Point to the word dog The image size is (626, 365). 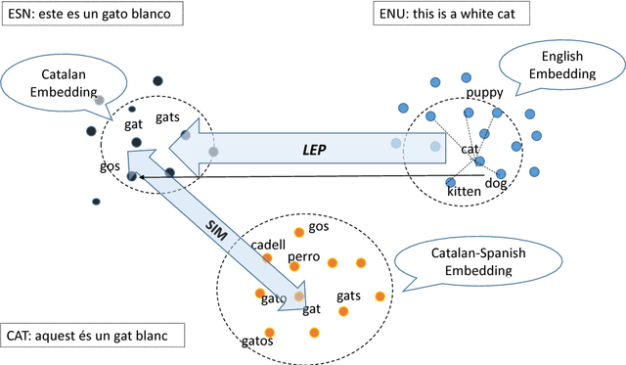point(497,182)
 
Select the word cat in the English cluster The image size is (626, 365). point(470,149)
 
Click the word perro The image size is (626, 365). point(305,258)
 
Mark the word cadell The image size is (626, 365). point(268,245)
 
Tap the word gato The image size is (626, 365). point(274,298)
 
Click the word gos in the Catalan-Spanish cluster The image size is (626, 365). point(318,227)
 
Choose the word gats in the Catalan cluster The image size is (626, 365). point(167,117)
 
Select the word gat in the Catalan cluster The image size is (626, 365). point(133,124)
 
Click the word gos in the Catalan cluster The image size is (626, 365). point(110,165)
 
